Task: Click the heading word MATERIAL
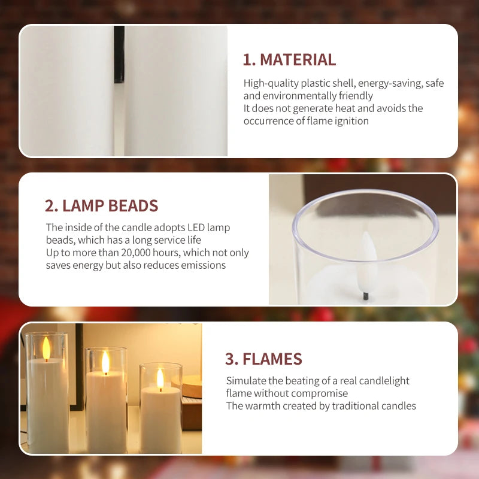[298, 59]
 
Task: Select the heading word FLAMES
[272, 359]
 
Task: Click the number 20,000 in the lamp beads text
[136, 253]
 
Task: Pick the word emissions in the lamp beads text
[203, 265]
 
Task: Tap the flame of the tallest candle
[47, 348]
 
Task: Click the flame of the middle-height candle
[105, 362]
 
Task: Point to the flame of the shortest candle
[160, 379]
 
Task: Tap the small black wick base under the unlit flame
[366, 296]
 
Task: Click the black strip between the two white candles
[119, 54]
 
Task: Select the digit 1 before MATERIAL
[247, 59]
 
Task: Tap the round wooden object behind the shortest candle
[189, 386]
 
